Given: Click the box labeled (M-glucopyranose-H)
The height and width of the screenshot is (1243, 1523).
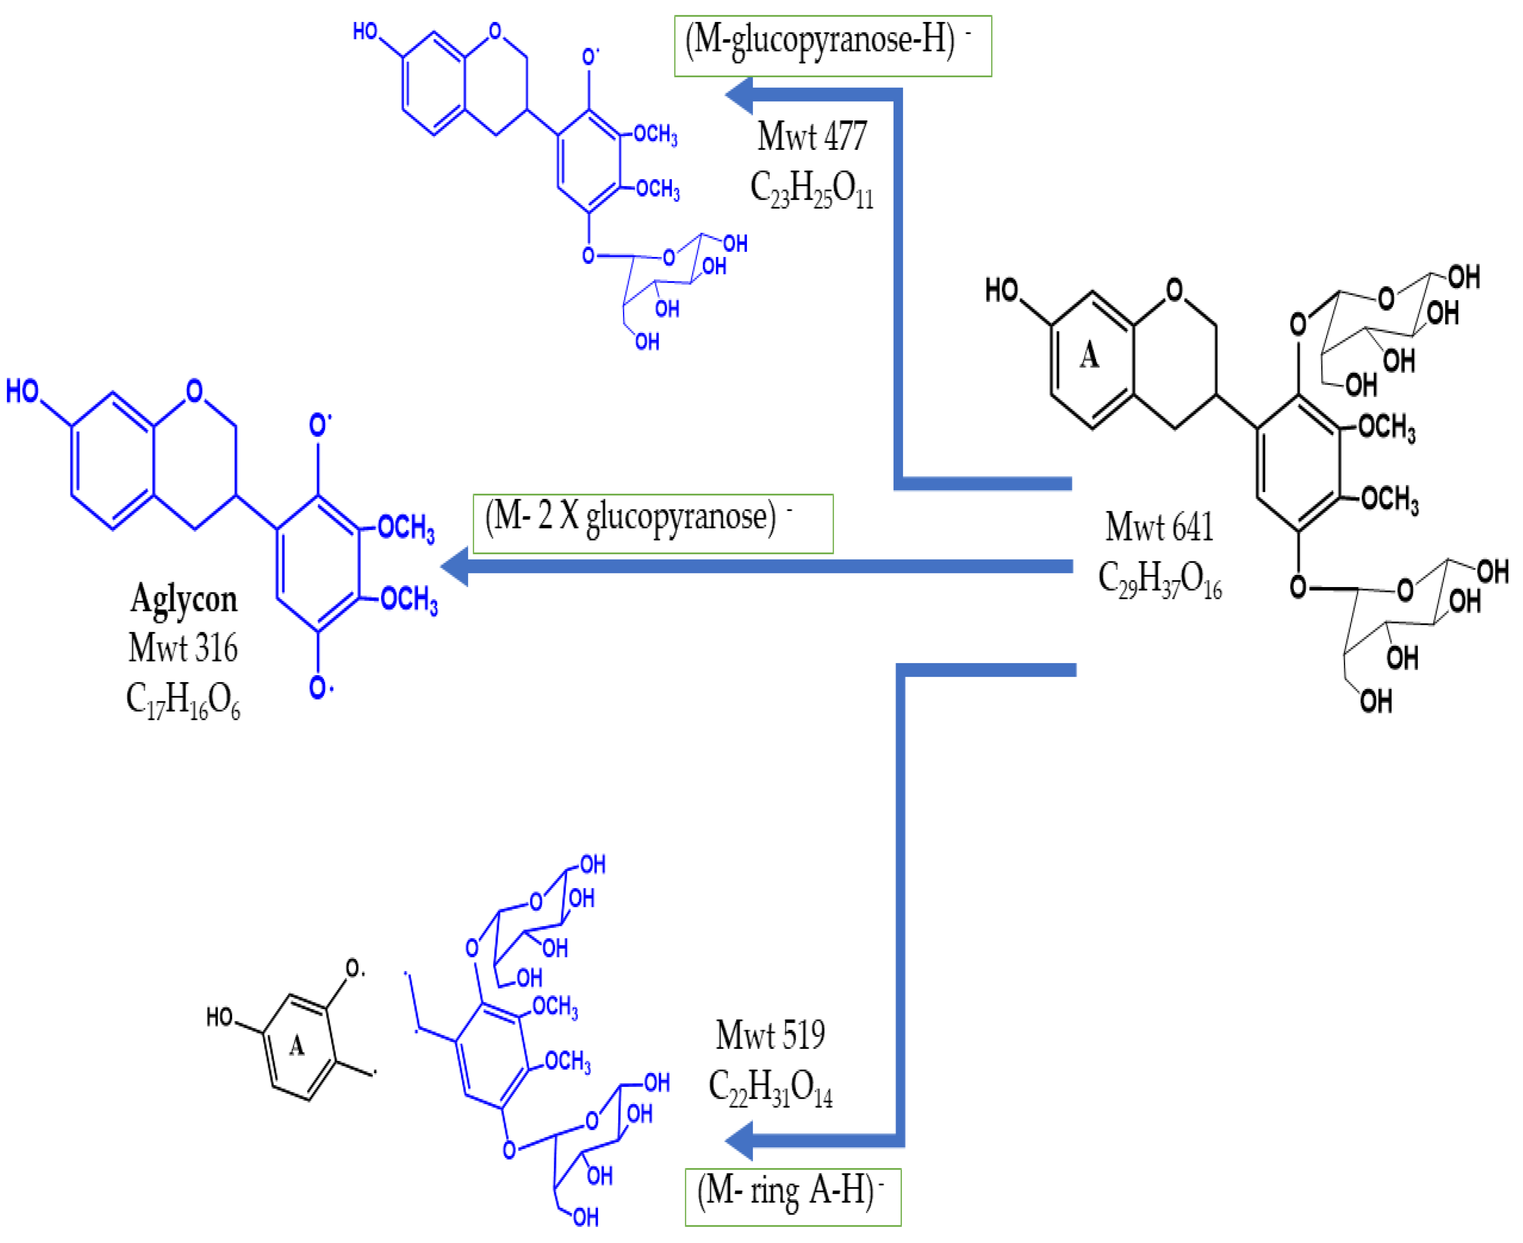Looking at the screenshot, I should [x=833, y=46].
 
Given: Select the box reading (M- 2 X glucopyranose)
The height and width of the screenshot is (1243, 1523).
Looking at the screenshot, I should [x=653, y=523].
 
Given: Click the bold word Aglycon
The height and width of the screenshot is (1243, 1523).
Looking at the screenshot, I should [x=183, y=598].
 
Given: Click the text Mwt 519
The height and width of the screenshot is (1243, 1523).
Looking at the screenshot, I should [x=770, y=1035].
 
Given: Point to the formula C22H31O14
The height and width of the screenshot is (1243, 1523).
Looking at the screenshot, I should [x=770, y=1088].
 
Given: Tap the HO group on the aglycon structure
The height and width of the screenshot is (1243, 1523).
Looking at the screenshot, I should [x=22, y=391].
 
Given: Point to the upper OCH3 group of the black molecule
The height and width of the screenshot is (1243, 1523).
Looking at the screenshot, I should [x=1386, y=427].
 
